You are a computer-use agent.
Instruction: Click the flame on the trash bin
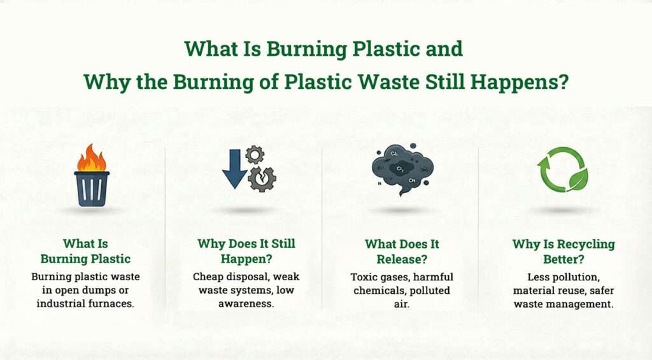point(91,158)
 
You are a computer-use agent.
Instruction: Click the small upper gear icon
point(255,154)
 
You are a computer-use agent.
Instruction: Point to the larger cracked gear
point(262,178)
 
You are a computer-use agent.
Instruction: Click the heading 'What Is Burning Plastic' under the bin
point(85,251)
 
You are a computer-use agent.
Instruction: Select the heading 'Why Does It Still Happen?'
point(246,251)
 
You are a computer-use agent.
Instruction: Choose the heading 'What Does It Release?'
point(401,251)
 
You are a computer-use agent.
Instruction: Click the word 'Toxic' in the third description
point(365,277)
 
